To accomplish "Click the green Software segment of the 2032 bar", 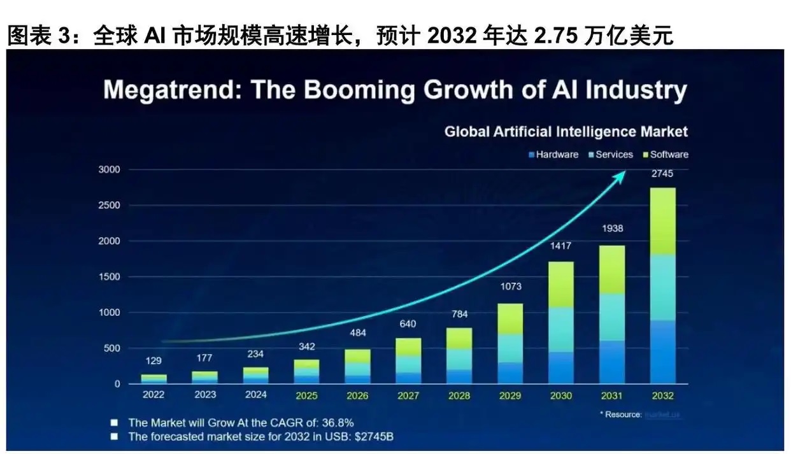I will (662, 222).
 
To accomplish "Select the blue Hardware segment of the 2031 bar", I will (612, 362).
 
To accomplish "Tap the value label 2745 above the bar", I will (662, 173).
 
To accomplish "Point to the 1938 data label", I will (611, 229).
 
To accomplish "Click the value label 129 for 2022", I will (153, 361).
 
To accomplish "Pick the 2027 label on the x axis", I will (408, 395).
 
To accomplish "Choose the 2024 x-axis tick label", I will (255, 395).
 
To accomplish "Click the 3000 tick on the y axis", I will (109, 170).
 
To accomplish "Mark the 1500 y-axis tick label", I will (109, 277).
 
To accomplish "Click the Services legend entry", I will (614, 155).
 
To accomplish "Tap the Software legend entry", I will (669, 155).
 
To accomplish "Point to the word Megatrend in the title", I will (171, 90).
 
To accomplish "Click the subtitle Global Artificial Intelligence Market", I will (566, 132).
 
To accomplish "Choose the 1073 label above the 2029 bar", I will (510, 287).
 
